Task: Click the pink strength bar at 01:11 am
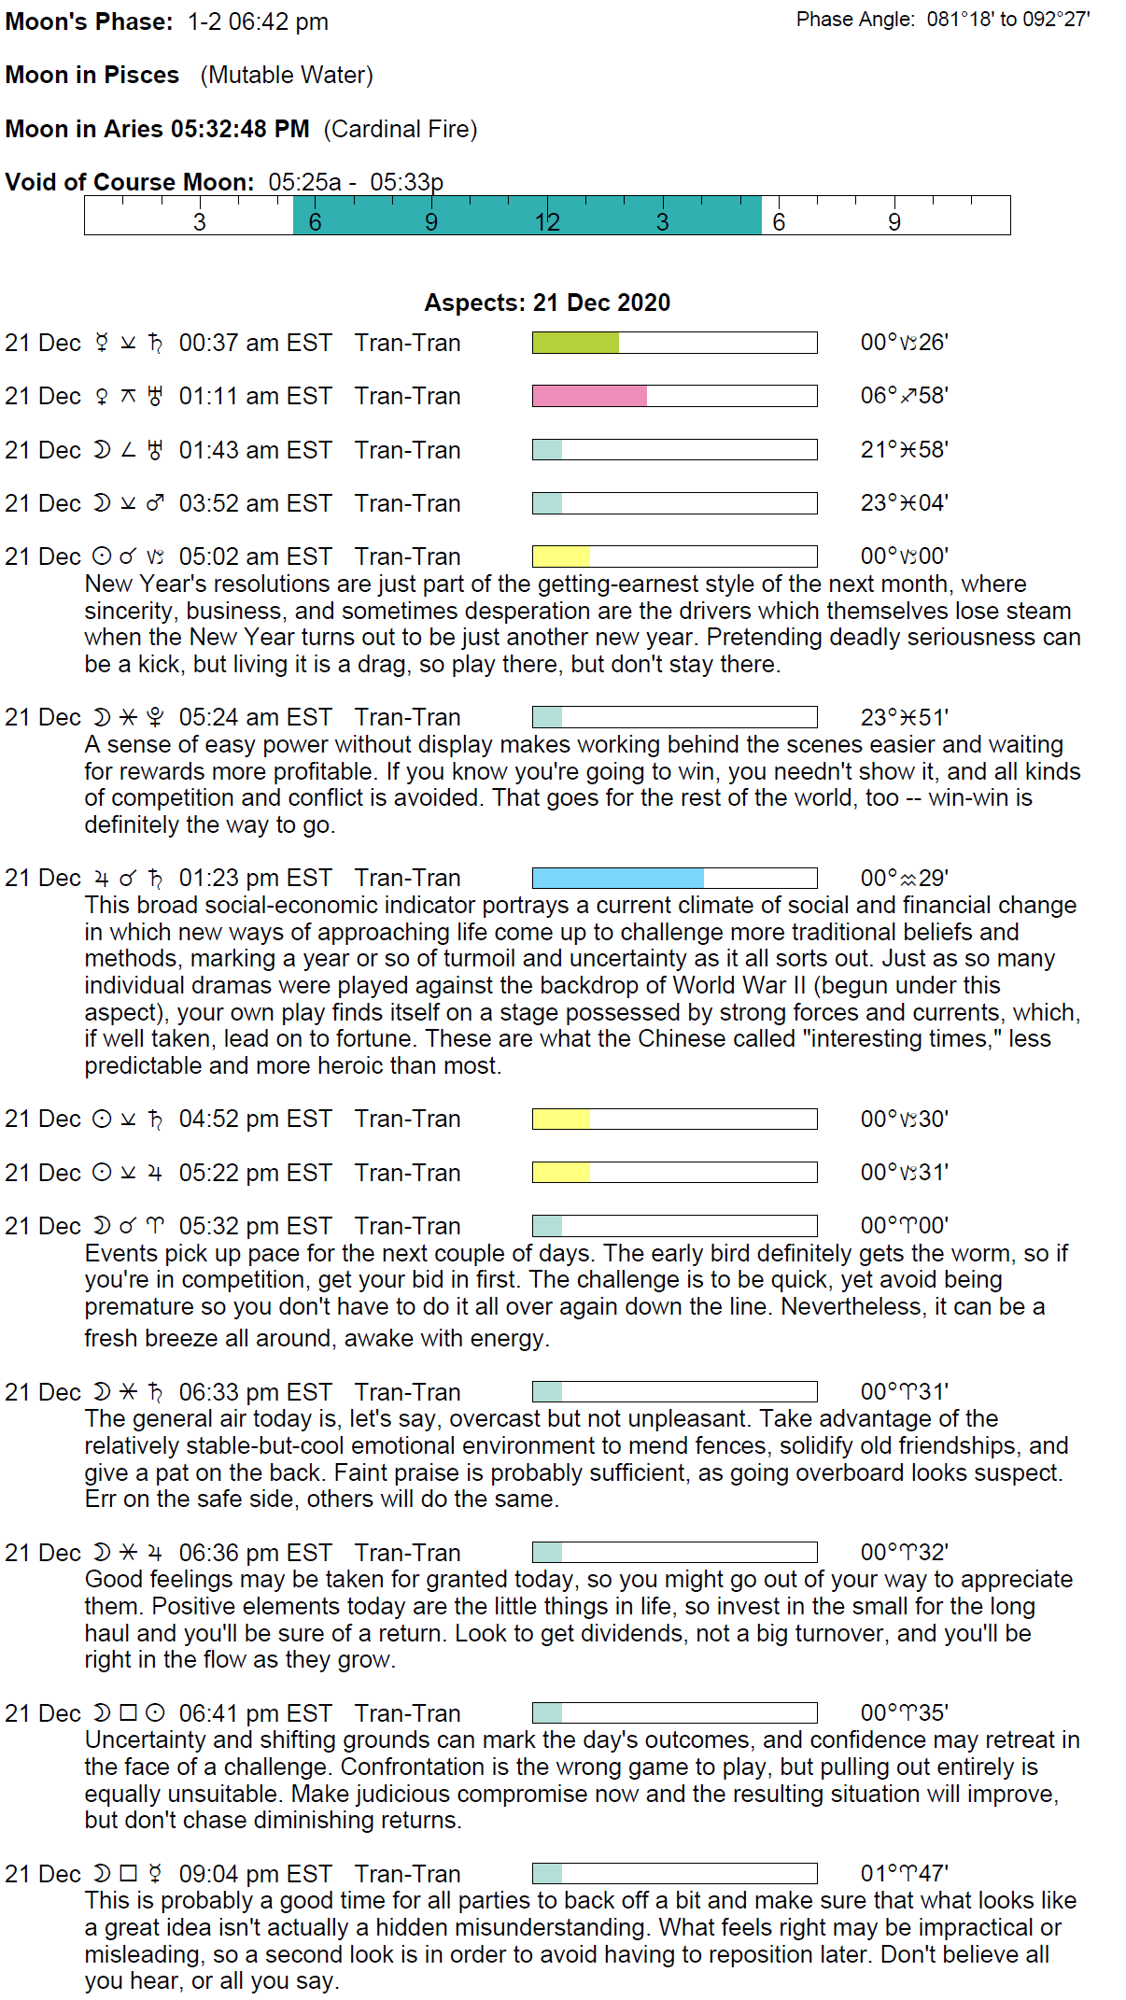(589, 396)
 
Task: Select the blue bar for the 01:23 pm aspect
(617, 878)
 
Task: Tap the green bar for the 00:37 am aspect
(575, 343)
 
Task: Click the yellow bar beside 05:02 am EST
(561, 556)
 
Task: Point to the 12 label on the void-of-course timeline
(547, 222)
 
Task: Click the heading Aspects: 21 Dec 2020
(547, 303)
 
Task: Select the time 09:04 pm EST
(255, 1874)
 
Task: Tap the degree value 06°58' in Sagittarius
(904, 396)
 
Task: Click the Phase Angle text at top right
(943, 20)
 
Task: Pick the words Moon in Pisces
(92, 75)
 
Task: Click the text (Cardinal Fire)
(401, 129)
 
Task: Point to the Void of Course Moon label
(130, 182)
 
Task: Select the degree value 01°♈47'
(904, 1873)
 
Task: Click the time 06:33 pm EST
(255, 1392)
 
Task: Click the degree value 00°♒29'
(904, 878)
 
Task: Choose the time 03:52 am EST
(255, 503)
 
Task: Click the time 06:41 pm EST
(255, 1713)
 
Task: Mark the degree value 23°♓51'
(904, 717)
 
